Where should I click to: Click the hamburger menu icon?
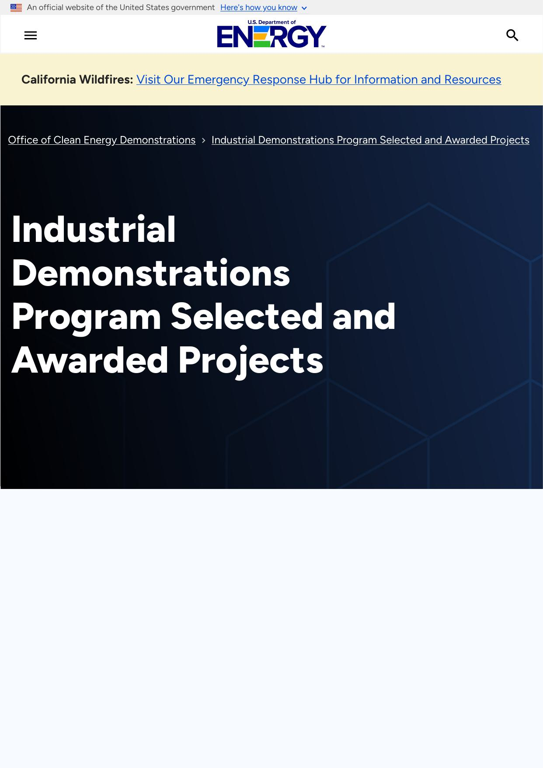click(x=31, y=35)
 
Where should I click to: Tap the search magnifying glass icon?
click(x=512, y=35)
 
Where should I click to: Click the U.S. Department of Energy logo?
click(x=271, y=34)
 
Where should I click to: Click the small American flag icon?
click(x=16, y=7)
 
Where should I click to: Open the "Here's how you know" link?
click(x=259, y=7)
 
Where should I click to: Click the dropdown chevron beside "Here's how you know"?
click(x=304, y=8)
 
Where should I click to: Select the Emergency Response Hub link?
click(x=319, y=79)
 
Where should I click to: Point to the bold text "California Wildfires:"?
click(x=77, y=79)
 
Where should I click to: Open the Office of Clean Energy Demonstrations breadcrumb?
click(x=102, y=140)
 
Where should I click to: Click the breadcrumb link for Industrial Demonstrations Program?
click(x=370, y=140)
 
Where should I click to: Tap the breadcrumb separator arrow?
click(x=204, y=140)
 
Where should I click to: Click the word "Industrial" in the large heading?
click(x=94, y=229)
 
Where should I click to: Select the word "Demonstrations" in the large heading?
click(x=151, y=273)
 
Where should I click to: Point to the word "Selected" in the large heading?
click(x=247, y=316)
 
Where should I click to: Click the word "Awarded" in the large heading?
click(x=90, y=360)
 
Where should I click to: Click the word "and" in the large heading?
click(x=364, y=316)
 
